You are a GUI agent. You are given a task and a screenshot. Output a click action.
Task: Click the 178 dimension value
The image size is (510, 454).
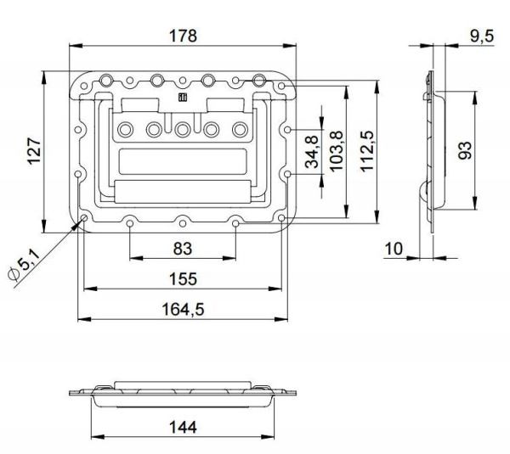coord(183,36)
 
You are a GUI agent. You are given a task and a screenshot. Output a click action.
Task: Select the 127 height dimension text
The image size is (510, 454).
coord(33,151)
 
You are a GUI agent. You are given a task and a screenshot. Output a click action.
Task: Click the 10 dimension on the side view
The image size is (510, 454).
coord(392,248)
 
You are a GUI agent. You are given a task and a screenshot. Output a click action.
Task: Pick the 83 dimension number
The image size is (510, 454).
coord(183,249)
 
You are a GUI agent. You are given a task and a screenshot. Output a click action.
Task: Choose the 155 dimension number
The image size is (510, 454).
coord(183,278)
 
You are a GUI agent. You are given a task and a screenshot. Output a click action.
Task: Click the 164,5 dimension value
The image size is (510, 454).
coord(183,309)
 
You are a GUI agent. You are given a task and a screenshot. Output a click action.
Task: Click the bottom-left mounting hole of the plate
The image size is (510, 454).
coord(86,220)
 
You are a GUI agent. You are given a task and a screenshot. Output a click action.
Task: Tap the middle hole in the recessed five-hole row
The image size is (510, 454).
coord(183,129)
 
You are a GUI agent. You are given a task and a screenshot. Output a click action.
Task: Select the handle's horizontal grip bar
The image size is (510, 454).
coord(183,191)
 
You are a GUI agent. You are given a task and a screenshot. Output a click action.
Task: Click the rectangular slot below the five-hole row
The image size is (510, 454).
coord(183,160)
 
